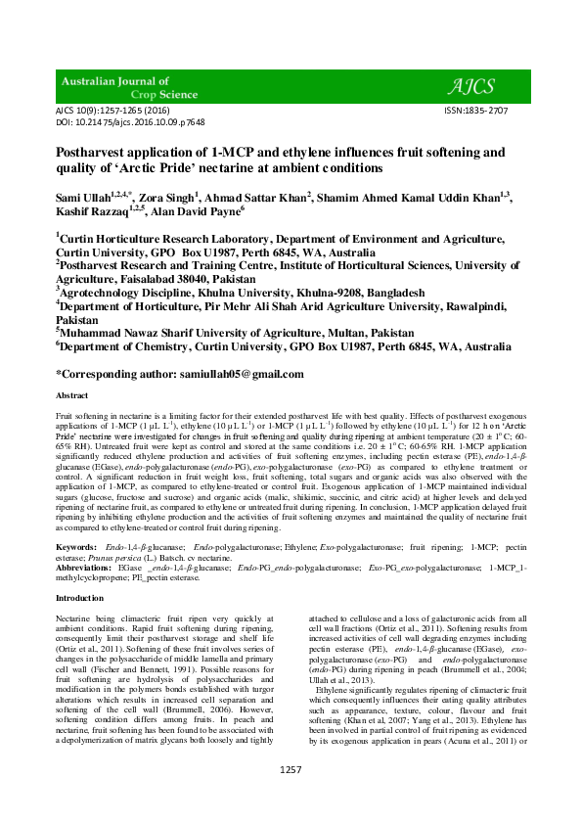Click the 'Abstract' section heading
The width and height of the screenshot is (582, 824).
pos(71,394)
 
